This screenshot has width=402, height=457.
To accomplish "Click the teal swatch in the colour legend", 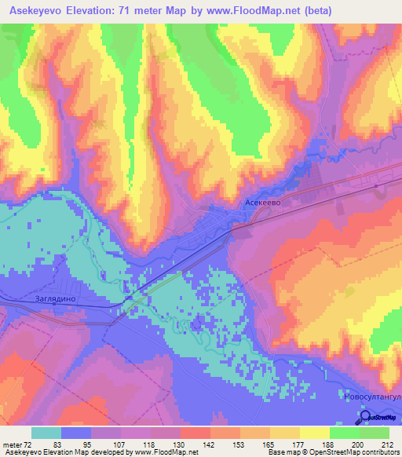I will click(x=46, y=433).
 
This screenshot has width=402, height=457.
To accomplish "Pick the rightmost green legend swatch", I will click(x=374, y=433).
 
